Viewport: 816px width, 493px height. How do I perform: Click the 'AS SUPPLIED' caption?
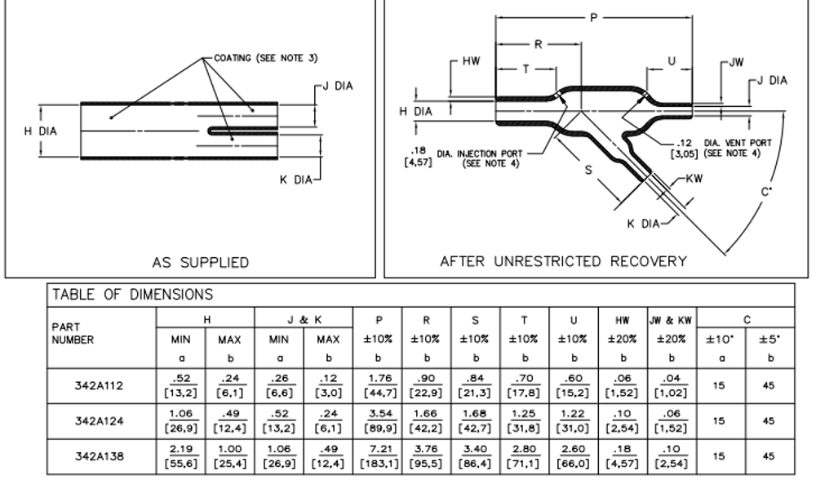[x=201, y=262]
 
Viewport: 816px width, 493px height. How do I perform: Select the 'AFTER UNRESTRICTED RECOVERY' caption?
[x=563, y=261]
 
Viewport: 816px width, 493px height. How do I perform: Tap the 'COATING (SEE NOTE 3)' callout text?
[x=265, y=58]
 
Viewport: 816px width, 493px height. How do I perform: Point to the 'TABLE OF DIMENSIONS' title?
[x=133, y=295]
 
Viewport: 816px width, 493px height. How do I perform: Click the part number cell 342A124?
[x=99, y=421]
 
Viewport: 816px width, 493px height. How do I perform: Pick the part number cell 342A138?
[x=99, y=456]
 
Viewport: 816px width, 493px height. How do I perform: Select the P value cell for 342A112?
[x=377, y=386]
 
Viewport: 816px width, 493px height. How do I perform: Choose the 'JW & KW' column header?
[x=672, y=320]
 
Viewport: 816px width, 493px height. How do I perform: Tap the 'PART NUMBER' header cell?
[x=73, y=333]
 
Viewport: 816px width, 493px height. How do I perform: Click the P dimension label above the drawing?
[x=594, y=18]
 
